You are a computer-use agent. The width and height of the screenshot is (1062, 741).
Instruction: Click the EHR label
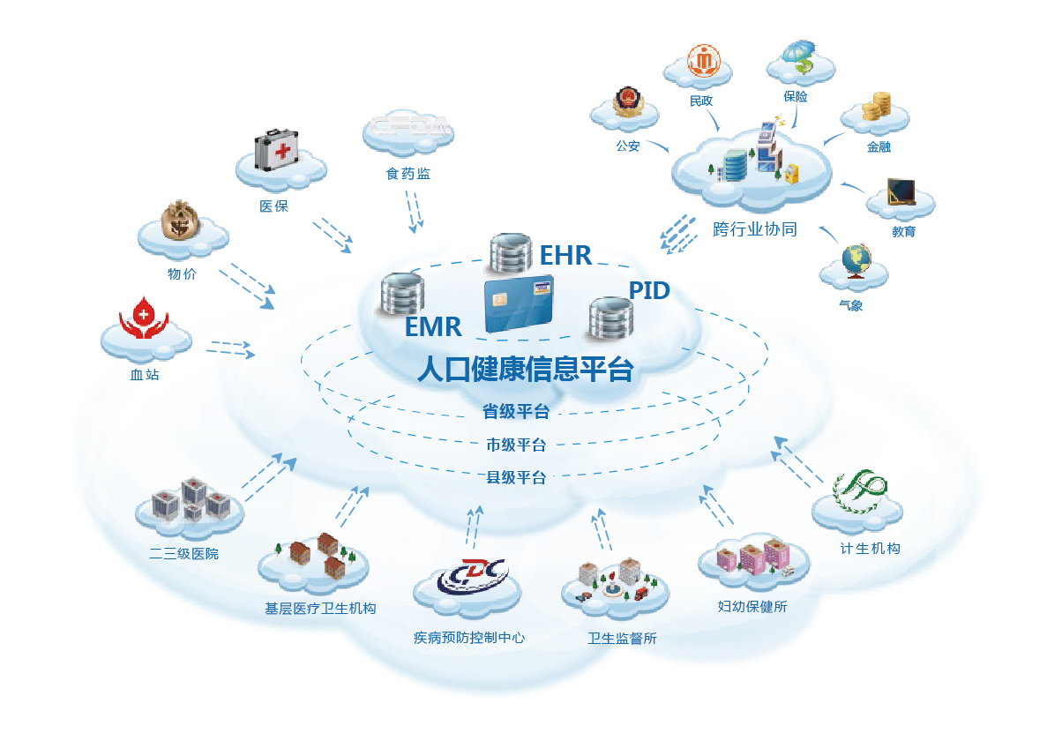click(x=565, y=256)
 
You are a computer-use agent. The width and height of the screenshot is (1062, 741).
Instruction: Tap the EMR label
click(x=433, y=326)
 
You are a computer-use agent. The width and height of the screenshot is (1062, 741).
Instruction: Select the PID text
click(x=649, y=290)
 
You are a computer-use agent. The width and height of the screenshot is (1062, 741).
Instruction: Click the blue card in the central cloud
click(x=519, y=303)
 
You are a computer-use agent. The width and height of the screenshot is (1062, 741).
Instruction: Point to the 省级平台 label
click(x=516, y=411)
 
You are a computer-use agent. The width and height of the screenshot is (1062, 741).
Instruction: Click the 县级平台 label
click(x=516, y=478)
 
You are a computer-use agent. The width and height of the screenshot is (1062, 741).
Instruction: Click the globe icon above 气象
click(x=855, y=260)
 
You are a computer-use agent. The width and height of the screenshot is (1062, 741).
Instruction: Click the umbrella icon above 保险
click(x=800, y=56)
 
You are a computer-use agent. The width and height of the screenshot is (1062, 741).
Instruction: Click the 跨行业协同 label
click(x=755, y=230)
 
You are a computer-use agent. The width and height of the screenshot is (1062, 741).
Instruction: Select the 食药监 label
click(x=408, y=174)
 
